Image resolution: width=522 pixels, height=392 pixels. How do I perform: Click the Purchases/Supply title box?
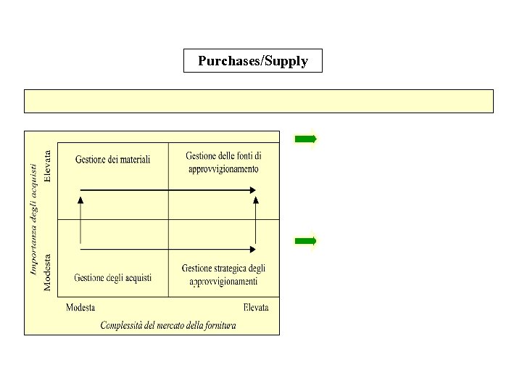pos(252,61)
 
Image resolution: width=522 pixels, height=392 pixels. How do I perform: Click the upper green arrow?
pos(305,139)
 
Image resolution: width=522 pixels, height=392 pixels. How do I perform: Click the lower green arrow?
pos(305,240)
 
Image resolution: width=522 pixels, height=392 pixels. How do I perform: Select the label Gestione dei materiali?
pos(112,160)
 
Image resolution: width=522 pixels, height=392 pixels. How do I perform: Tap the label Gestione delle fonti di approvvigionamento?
pos(223,163)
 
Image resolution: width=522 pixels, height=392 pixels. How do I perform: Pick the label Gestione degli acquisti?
pos(112,278)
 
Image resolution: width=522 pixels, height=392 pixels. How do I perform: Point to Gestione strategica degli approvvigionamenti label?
pos(223,275)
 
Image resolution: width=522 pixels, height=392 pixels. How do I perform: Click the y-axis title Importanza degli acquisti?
pos(33,219)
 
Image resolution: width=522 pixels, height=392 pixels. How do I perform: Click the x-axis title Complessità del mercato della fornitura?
pos(168,325)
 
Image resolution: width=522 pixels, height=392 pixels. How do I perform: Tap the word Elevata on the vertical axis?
pos(48,166)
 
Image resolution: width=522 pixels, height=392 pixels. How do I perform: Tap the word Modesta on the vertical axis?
pos(48,272)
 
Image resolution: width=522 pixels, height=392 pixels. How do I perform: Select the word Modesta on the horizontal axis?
pos(80,308)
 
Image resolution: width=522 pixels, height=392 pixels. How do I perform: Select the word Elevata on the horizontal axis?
pos(256,308)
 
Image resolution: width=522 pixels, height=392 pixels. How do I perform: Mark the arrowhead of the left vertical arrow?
pos(80,201)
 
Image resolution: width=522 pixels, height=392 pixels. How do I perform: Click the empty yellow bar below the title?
pos(259,101)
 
